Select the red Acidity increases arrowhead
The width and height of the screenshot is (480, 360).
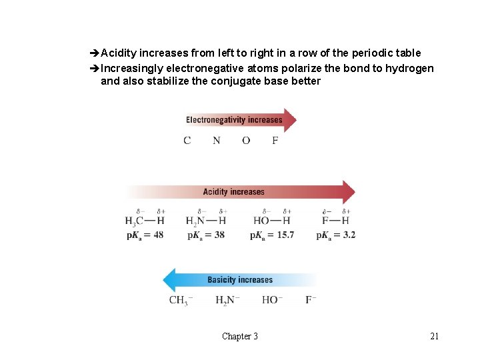tap(348, 192)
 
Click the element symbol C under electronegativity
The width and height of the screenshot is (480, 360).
tap(187, 141)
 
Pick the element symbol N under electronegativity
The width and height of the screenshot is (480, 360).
tap(217, 141)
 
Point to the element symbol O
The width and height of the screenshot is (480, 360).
tap(246, 141)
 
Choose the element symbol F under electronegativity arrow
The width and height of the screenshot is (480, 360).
tap(275, 141)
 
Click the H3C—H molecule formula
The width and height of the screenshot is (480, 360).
tap(145, 221)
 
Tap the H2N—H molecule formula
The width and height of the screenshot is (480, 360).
tap(206, 221)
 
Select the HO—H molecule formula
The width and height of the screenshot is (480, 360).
tap(272, 221)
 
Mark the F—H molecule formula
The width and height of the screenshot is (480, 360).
tap(336, 221)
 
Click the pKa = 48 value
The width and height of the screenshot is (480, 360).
tap(145, 235)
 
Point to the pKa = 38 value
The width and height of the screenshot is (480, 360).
tap(206, 235)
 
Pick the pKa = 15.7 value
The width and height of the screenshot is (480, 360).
tap(272, 235)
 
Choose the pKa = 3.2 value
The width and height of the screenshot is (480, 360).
tap(336, 235)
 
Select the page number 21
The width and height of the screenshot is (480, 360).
tap(435, 336)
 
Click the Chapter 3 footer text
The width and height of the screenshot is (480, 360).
tap(240, 336)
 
